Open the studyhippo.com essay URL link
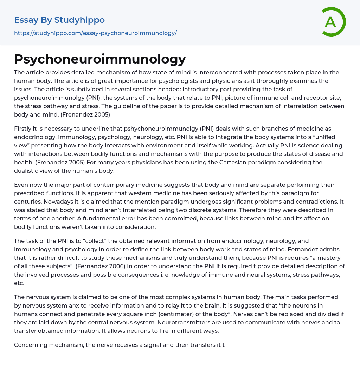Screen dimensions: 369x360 [x=95, y=33]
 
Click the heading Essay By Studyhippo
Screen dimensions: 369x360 [x=59, y=20]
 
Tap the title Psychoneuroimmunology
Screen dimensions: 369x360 [x=100, y=59]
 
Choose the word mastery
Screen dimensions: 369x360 [x=329, y=258]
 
